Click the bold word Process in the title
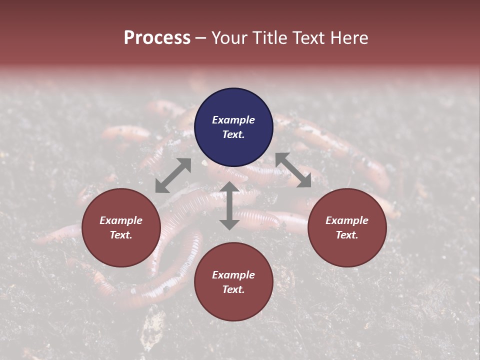(x=157, y=38)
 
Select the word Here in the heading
(x=348, y=38)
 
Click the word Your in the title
(x=230, y=38)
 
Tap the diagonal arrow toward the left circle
(x=173, y=175)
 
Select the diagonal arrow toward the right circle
(x=293, y=170)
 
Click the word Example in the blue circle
(x=233, y=120)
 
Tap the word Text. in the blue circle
(x=233, y=134)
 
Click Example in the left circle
(x=121, y=220)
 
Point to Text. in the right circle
(x=347, y=235)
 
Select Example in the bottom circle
(x=233, y=275)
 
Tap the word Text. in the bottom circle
(x=233, y=289)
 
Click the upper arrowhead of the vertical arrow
(x=229, y=186)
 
